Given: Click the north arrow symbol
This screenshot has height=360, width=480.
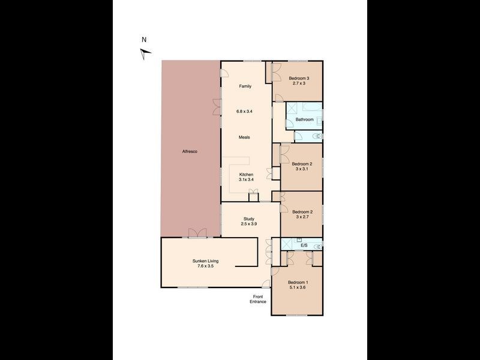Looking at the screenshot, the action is (x=145, y=53).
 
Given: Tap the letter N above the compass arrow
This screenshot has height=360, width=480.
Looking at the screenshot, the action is (x=144, y=40).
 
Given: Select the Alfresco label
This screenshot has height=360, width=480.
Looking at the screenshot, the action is (x=190, y=152).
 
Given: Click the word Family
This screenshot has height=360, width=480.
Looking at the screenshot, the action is (x=245, y=86).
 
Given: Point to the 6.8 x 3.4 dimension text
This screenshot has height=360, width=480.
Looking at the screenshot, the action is (x=244, y=112).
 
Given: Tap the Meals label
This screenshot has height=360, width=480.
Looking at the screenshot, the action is (x=244, y=137).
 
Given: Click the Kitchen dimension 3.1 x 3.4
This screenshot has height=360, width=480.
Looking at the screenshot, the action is (x=246, y=179).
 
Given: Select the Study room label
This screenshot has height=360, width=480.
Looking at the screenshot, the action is (x=249, y=219).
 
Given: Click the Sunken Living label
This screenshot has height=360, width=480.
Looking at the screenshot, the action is (x=205, y=261).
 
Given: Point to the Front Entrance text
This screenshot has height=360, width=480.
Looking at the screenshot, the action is (x=258, y=299).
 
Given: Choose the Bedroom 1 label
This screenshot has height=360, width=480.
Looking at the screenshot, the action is (x=298, y=283).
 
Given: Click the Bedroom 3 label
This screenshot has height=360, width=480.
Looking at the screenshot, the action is (x=299, y=79).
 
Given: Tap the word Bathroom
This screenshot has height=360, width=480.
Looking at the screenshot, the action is (x=305, y=119).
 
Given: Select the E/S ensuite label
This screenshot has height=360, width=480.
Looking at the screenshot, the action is (x=304, y=245).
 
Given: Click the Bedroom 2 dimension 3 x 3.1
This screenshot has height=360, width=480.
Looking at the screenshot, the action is (x=302, y=169).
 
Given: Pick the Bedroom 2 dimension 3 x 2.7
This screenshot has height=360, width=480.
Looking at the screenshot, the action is (x=302, y=217).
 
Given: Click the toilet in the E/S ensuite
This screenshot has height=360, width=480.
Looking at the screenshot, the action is (x=318, y=247).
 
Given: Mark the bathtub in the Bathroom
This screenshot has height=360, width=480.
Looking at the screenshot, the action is (x=312, y=107).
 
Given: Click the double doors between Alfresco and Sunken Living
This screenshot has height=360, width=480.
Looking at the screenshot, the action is (x=197, y=233).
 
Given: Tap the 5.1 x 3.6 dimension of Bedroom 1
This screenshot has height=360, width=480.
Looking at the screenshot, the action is (x=298, y=287).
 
